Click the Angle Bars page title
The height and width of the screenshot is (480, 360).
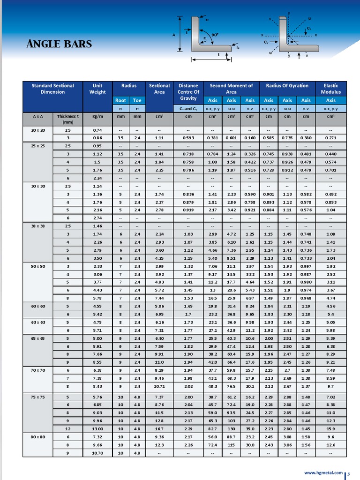[59, 45]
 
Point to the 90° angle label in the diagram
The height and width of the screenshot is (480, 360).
[215, 35]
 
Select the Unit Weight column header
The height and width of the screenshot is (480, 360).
[97, 89]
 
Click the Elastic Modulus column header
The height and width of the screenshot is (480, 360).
[330, 89]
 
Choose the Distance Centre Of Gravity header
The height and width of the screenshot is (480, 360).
[188, 92]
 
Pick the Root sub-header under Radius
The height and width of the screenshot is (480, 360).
[120, 100]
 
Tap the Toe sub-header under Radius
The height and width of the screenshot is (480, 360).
[137, 100]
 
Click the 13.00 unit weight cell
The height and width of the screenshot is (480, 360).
[97, 429]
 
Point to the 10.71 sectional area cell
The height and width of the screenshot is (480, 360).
[159, 386]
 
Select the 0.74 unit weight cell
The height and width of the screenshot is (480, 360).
[97, 130]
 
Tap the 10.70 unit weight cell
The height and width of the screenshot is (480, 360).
[97, 453]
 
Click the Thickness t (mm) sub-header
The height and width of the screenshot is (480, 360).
[67, 119]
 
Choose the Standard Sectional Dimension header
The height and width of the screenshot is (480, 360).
[52, 89]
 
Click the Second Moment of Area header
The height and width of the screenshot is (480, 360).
[231, 89]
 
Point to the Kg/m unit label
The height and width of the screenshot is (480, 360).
[97, 116]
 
